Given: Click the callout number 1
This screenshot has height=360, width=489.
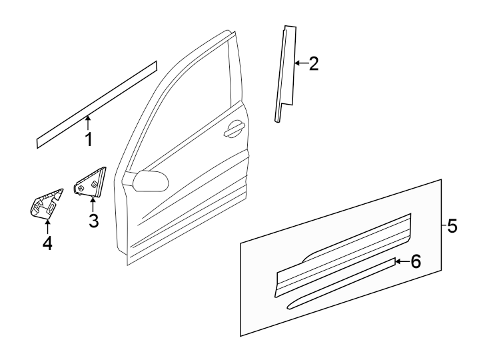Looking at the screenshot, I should pos(88,139).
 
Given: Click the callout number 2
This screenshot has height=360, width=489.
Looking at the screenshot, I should pos(312,64).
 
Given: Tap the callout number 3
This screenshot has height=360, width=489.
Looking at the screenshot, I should pos(93,220).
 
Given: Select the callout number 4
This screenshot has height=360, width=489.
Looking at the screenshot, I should pos(47,244).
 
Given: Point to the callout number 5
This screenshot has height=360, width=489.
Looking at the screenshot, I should pos(452,227).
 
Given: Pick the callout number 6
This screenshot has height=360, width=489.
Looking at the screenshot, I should pos(416,261).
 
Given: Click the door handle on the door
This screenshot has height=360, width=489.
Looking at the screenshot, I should pos(235,131).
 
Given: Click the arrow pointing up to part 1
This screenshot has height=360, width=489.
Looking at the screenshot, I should pos(88,121).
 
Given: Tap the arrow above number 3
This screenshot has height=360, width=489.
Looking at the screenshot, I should pos(93,203).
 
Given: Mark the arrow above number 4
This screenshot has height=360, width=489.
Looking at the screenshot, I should pos(47,227).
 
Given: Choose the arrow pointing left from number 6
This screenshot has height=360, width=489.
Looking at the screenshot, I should pos(401,261).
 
